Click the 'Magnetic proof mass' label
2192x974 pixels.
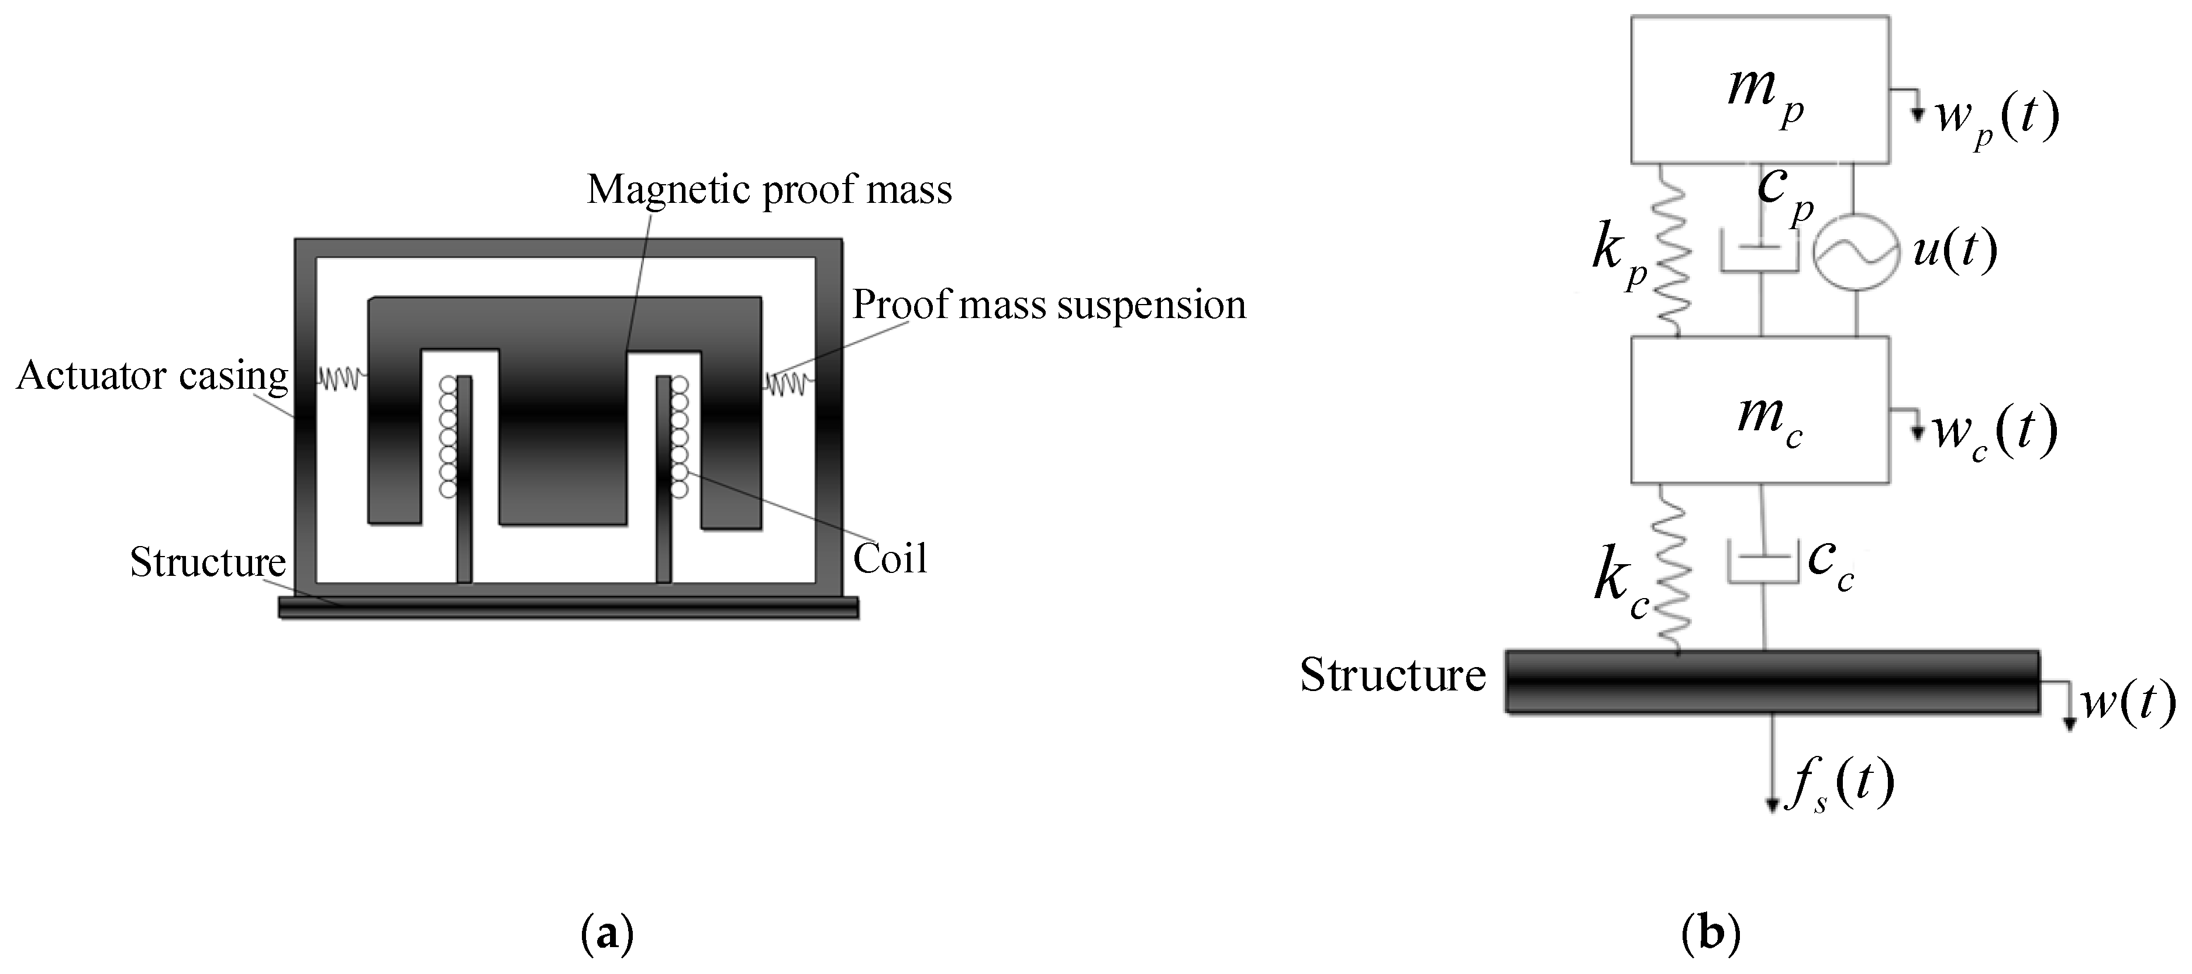[x=769, y=189]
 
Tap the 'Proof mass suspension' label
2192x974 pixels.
[x=1049, y=305]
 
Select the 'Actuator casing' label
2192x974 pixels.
[x=152, y=376]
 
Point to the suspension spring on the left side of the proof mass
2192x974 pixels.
[x=342, y=378]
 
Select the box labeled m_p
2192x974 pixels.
[x=1760, y=89]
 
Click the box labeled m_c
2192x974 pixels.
[x=1760, y=410]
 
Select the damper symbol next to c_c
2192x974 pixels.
[x=1762, y=563]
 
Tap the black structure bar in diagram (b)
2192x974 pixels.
[x=1771, y=681]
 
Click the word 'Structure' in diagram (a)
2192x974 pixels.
[x=208, y=562]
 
